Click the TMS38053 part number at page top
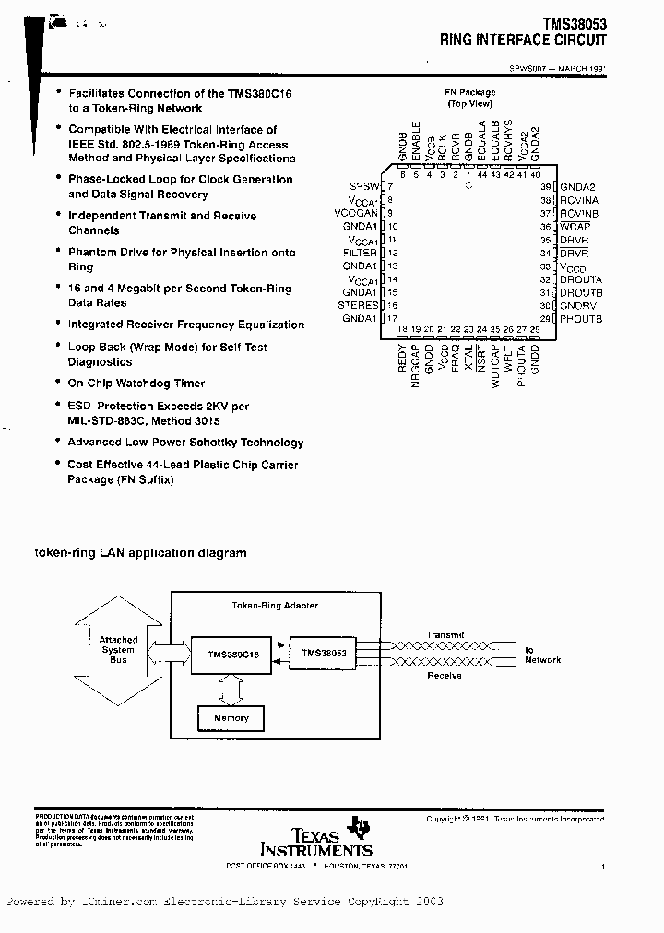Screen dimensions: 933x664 (x=575, y=26)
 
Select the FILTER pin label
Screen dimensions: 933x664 (x=360, y=253)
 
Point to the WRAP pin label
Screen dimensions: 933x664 (x=575, y=227)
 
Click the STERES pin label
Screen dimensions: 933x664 (x=358, y=305)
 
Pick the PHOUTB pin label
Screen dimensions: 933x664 (x=581, y=319)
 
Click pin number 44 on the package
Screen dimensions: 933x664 (x=482, y=174)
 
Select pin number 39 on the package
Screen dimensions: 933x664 (x=546, y=187)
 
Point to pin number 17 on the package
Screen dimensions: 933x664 (x=392, y=318)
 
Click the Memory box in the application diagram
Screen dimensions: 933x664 (x=231, y=718)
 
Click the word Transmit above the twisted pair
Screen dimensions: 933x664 (x=445, y=635)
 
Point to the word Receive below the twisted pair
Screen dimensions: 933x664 (x=444, y=676)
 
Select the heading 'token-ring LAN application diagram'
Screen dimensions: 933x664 (x=140, y=553)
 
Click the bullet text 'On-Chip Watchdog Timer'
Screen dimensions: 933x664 (x=136, y=384)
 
